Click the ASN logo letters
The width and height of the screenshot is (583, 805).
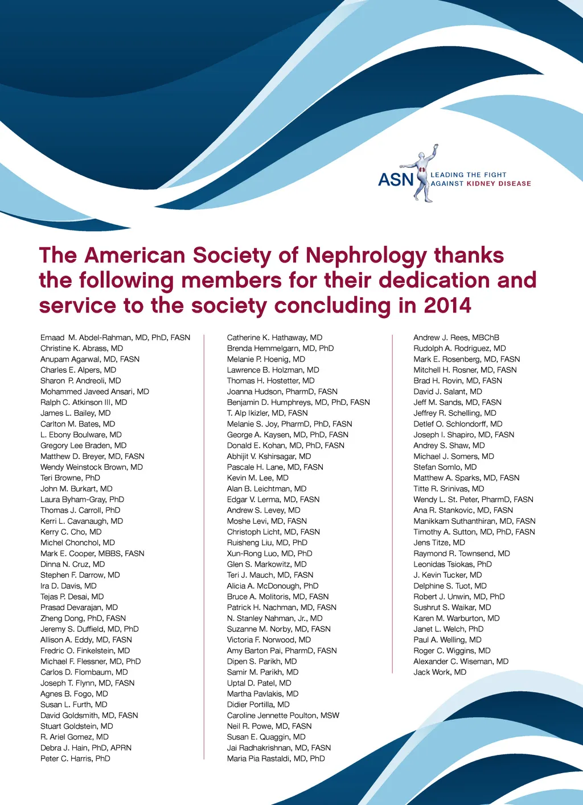(396, 180)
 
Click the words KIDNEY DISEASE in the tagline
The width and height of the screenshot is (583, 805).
(499, 184)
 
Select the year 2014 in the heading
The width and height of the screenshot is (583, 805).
(447, 306)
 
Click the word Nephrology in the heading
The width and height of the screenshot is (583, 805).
(366, 256)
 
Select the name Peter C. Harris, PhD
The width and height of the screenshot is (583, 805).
(75, 759)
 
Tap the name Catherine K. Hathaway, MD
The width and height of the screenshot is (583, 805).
(274, 338)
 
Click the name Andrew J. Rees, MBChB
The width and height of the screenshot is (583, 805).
(456, 338)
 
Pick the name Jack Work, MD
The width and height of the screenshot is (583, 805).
(440, 672)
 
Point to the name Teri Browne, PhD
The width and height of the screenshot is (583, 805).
(70, 478)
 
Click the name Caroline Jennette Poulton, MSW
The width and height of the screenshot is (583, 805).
(283, 716)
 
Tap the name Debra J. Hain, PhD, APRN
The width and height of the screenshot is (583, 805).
(86, 748)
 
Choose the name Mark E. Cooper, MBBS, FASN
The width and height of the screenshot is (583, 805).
(92, 554)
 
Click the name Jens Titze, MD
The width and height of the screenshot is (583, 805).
(439, 543)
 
